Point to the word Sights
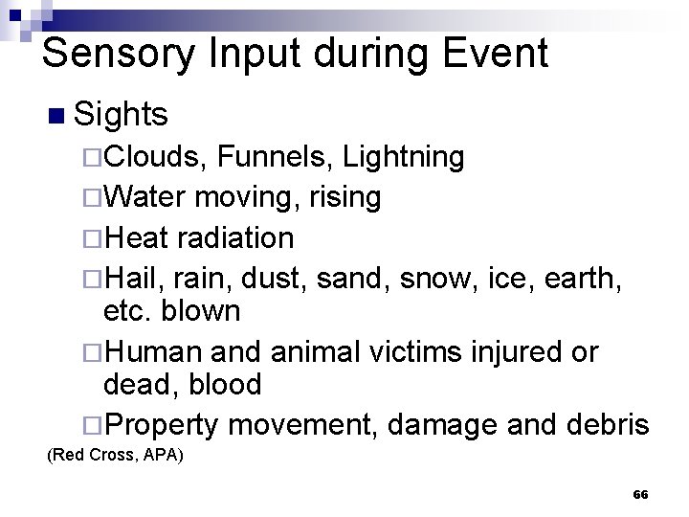tap(121, 115)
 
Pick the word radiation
tap(233, 237)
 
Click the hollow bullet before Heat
tap(91, 238)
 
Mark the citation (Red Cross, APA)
tap(115, 456)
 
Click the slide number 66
tap(640, 495)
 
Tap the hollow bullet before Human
tap(91, 352)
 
